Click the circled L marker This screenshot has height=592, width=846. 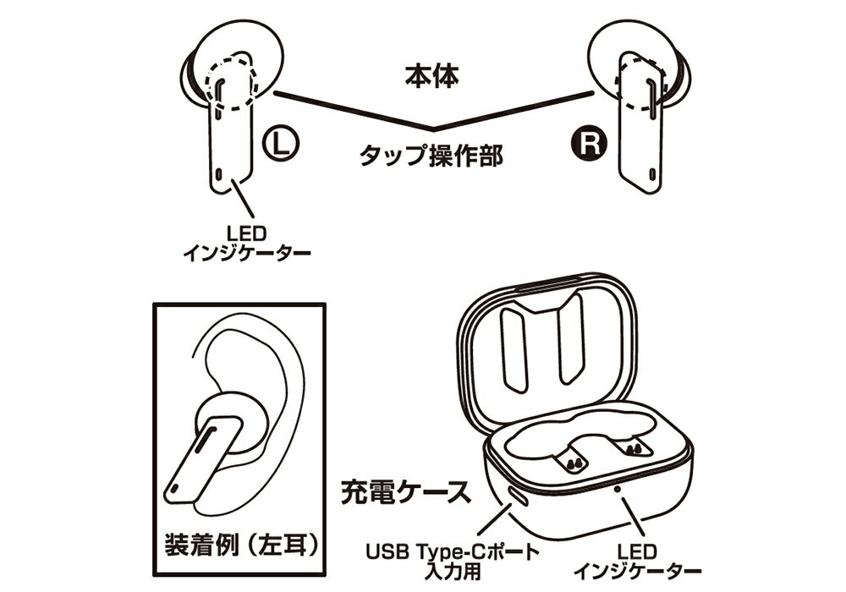tap(281, 144)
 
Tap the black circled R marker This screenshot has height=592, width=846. tap(589, 144)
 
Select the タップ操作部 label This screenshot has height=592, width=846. tap(431, 156)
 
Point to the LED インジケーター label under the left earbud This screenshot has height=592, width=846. tap(247, 244)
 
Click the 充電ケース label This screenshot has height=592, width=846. tap(405, 492)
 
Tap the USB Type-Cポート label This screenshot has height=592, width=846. tap(453, 551)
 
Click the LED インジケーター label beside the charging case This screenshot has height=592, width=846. tap(637, 562)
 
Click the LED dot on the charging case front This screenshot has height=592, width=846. tap(618, 489)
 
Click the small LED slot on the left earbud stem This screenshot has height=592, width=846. tap(218, 175)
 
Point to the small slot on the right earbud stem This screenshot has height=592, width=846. tap(652, 175)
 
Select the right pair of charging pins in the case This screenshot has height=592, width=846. tap(634, 448)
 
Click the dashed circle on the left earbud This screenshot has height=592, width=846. tap(230, 84)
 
